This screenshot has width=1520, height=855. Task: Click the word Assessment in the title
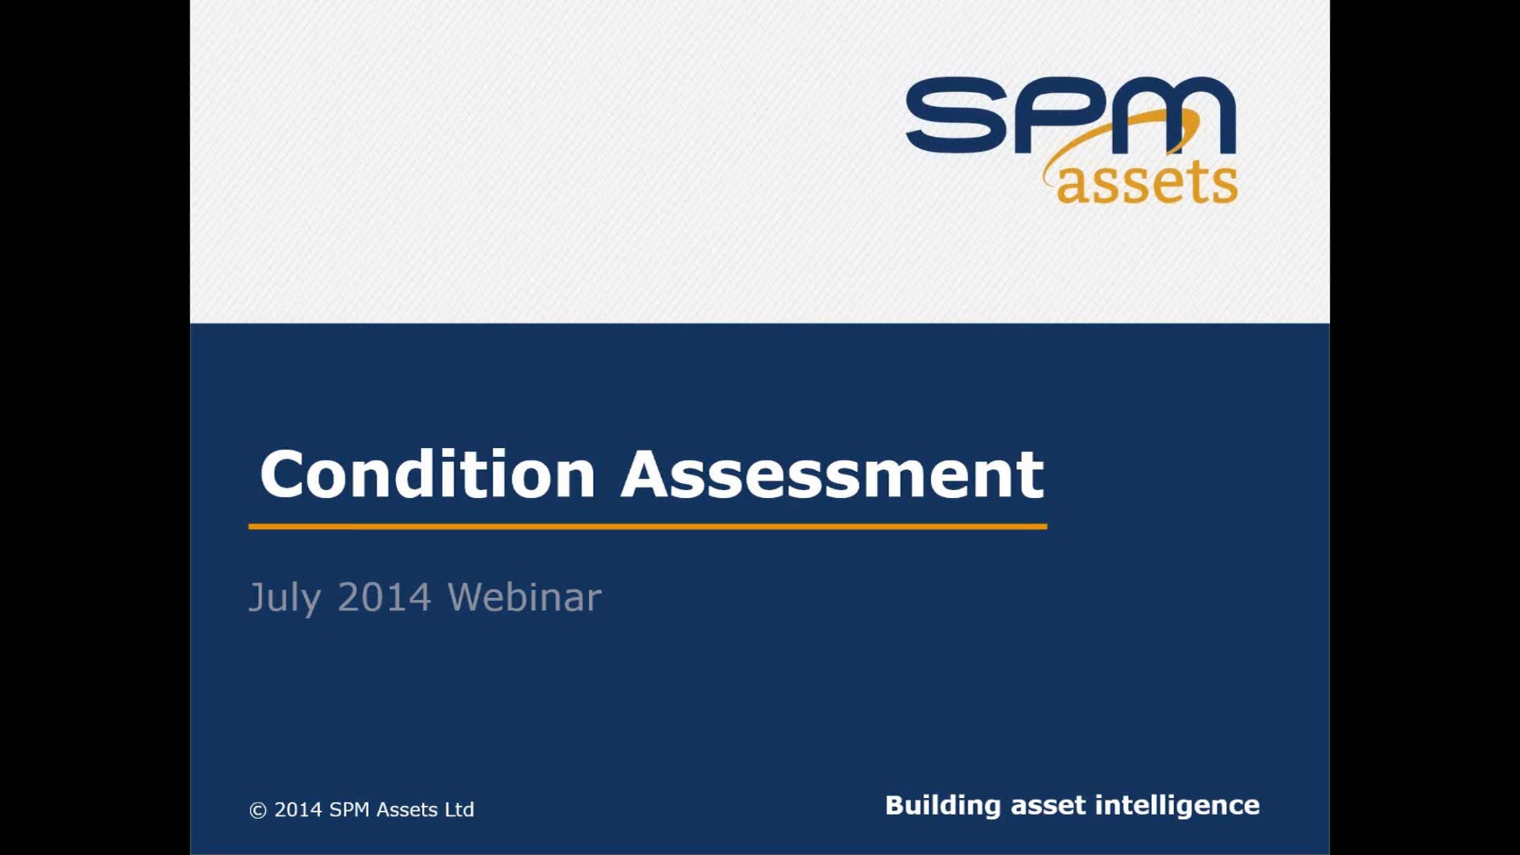832,475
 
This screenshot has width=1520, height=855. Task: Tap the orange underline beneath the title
647,526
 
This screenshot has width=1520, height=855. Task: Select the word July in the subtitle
284,597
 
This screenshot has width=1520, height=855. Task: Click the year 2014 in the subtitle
384,597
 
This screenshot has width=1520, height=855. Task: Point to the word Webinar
524,597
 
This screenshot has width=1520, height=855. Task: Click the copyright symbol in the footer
258,811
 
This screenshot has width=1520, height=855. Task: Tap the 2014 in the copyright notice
298,810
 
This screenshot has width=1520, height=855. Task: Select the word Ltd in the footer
459,810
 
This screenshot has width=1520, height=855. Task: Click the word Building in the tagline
942,806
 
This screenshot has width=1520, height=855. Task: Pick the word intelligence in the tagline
1177,806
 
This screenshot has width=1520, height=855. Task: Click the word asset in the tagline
1048,806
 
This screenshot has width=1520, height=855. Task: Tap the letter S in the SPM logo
956,115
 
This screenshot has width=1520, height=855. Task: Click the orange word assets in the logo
1147,184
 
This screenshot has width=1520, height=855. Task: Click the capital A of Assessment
645,475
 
